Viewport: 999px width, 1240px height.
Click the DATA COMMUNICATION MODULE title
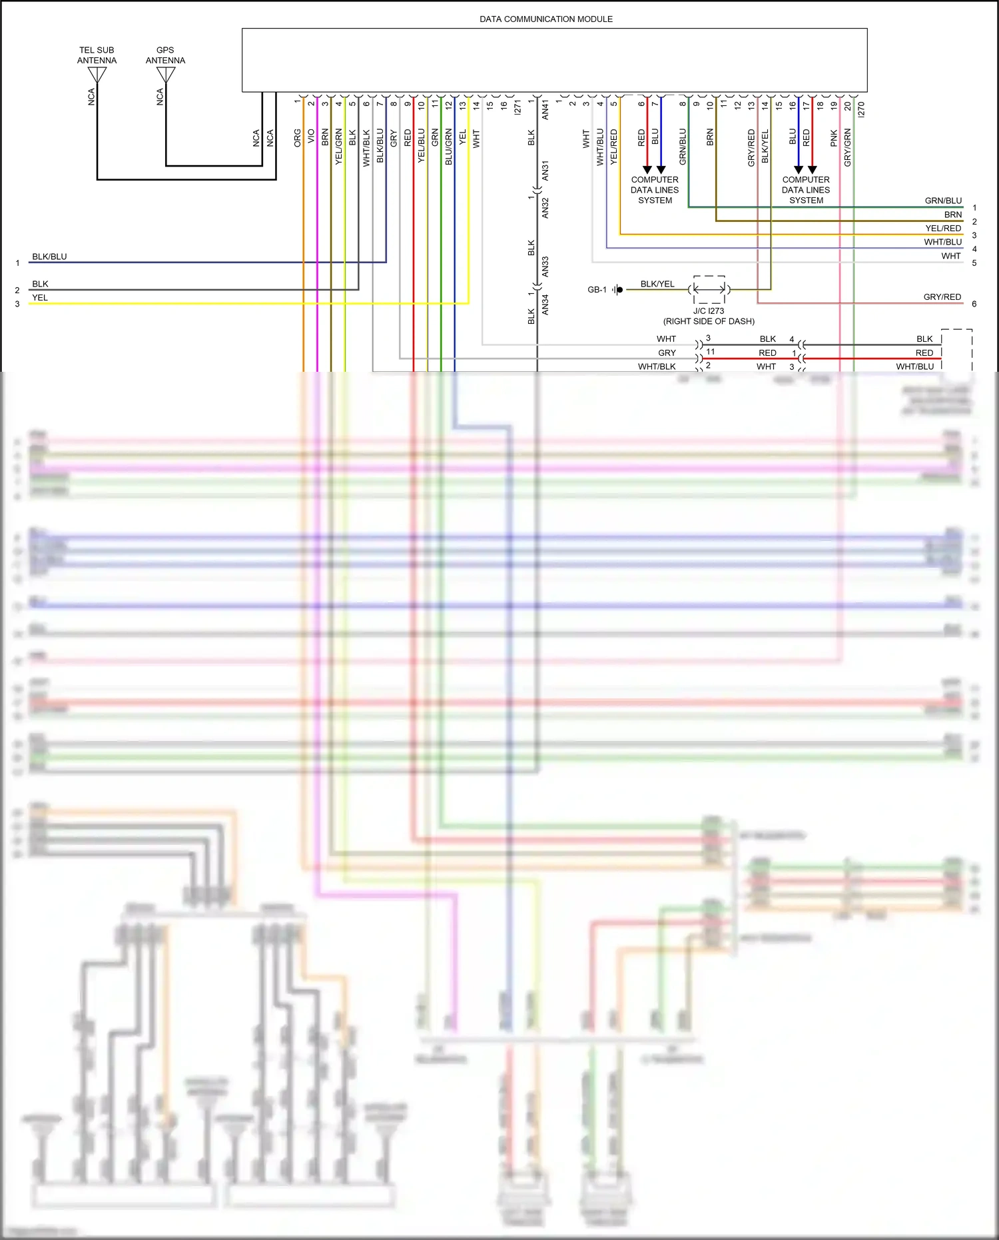[546, 19]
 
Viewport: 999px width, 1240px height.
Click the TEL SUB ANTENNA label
[97, 55]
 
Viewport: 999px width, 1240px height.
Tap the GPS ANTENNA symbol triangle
[165, 75]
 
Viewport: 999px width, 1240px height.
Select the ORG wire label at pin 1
[298, 137]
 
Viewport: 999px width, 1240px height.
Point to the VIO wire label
[311, 137]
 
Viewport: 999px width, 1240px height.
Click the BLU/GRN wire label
[449, 147]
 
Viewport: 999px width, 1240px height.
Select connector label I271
[517, 108]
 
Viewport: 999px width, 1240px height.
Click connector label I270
[861, 109]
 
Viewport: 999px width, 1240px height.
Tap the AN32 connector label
[545, 208]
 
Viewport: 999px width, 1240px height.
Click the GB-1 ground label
[597, 290]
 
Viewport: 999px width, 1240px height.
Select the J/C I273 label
[709, 311]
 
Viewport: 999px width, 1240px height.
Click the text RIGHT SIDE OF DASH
[709, 321]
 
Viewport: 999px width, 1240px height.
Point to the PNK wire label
[834, 138]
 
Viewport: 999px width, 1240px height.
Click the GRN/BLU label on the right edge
[943, 201]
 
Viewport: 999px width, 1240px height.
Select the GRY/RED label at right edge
[942, 297]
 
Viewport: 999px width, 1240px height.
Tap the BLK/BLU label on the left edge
[49, 257]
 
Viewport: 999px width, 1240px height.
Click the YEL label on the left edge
[40, 298]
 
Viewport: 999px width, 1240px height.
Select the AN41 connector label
[545, 110]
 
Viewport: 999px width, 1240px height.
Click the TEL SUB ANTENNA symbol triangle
[97, 75]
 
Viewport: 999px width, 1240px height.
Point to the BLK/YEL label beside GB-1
[657, 284]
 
